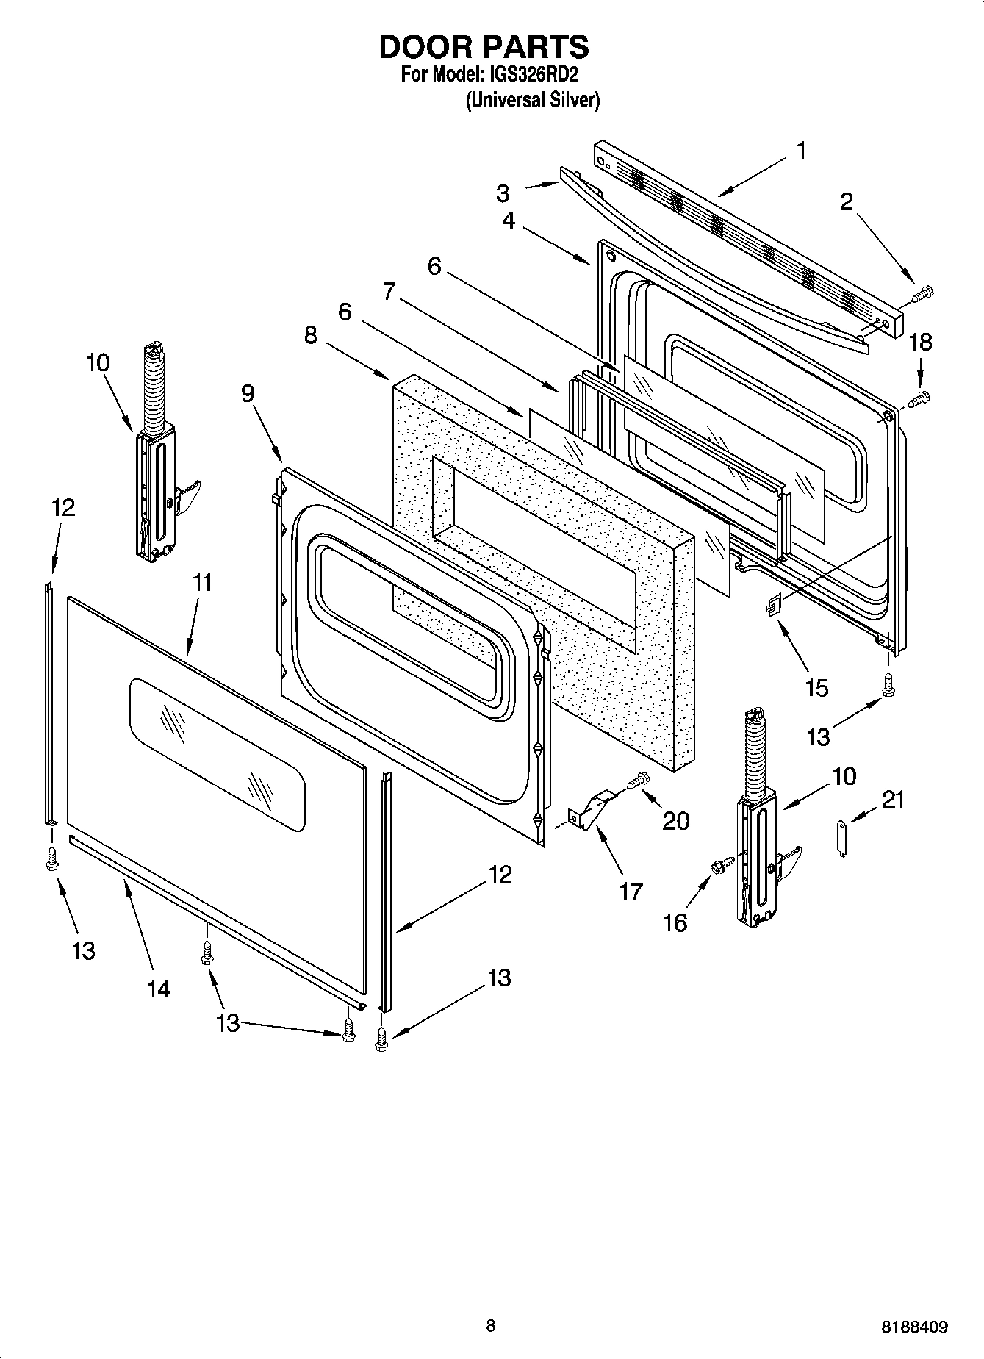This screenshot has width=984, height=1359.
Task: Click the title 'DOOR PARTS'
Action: (484, 47)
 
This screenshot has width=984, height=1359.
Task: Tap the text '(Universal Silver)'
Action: (533, 101)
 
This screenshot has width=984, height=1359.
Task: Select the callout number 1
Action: (801, 151)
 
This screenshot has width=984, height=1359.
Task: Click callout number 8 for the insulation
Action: (311, 336)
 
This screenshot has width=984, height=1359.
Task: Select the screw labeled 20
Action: (639, 781)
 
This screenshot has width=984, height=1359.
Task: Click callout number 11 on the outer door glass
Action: (202, 583)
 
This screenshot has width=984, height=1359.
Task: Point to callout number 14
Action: (158, 989)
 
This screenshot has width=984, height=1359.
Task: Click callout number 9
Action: (248, 394)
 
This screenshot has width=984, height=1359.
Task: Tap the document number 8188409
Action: (915, 1327)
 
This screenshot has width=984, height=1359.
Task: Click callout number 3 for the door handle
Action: (502, 194)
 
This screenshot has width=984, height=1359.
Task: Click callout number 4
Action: (509, 220)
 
